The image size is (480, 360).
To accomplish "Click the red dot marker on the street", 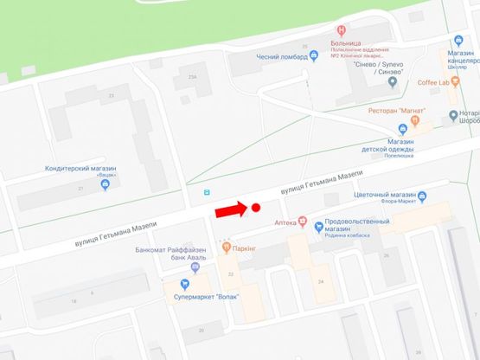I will click(256, 208).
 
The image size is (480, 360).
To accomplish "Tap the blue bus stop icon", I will click(206, 192).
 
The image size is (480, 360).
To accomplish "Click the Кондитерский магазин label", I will click(79, 169).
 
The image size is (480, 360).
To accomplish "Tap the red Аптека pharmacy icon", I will click(303, 222).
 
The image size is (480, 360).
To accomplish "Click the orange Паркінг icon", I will click(226, 247).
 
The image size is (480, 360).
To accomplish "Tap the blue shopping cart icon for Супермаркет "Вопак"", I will click(184, 284).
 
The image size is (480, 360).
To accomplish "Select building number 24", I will click(321, 281).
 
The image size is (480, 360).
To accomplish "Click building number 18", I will click(74, 301).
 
